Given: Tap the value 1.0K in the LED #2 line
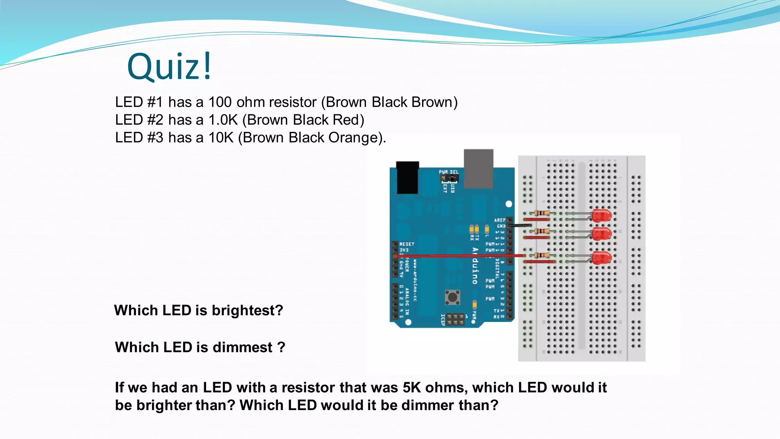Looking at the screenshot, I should (223, 120).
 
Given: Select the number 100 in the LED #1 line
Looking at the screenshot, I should (220, 102).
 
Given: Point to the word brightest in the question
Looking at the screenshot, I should (247, 311).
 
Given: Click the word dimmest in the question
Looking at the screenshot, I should (242, 348).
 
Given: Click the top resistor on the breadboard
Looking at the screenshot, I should (541, 213).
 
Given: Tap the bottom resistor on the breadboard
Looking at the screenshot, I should (541, 255).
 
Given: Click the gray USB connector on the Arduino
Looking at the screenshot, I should (478, 168).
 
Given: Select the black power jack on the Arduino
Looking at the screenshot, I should (407, 178).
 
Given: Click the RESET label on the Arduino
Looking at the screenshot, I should (407, 244).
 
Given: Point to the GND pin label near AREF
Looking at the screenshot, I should (501, 226).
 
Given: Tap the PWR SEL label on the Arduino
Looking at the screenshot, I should (449, 172).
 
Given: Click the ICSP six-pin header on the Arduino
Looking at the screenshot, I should (455, 320).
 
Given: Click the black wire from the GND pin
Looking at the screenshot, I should (520, 226).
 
